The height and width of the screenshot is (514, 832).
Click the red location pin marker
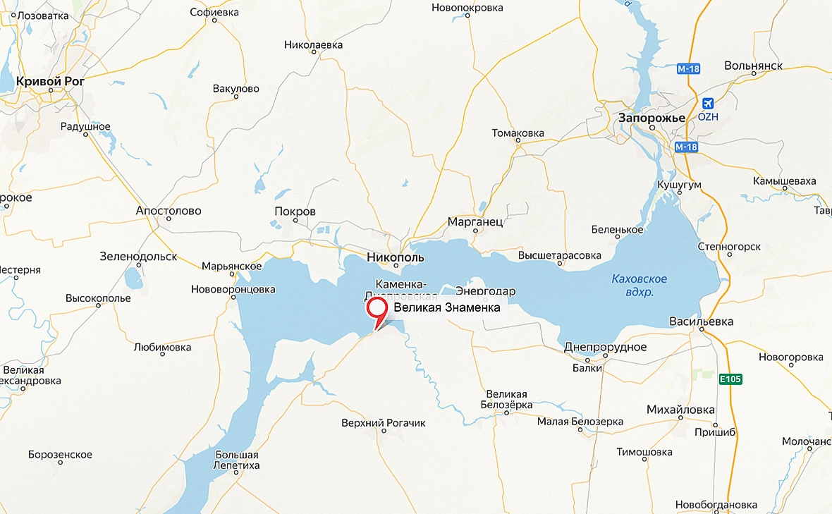pyautogui.click(x=377, y=309)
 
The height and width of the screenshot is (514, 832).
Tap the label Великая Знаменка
pyautogui.click(x=447, y=307)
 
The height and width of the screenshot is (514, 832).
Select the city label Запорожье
pyautogui.click(x=651, y=118)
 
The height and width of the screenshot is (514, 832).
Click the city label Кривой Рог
pyautogui.click(x=50, y=81)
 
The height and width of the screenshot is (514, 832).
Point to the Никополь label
pyautogui.click(x=396, y=257)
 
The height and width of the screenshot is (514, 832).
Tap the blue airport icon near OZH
pyautogui.click(x=707, y=103)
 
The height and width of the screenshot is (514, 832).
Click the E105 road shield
pyautogui.click(x=730, y=380)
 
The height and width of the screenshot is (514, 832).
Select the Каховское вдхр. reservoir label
pyautogui.click(x=640, y=285)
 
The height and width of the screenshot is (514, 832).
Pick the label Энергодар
pyautogui.click(x=486, y=291)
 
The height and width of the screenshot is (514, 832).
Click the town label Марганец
pyautogui.click(x=475, y=221)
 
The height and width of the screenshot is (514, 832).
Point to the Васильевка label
pyautogui.click(x=701, y=322)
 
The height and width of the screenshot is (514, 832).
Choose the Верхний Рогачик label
pyautogui.click(x=383, y=423)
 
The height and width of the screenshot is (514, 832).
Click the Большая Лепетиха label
pyautogui.click(x=238, y=460)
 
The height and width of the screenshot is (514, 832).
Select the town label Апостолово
pyautogui.click(x=169, y=211)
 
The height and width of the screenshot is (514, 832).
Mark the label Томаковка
pyautogui.click(x=518, y=133)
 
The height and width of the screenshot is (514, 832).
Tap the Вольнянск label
pyautogui.click(x=754, y=66)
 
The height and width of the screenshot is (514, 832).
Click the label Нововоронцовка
pyautogui.click(x=233, y=289)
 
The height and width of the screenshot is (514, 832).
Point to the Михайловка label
pyautogui.click(x=680, y=410)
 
